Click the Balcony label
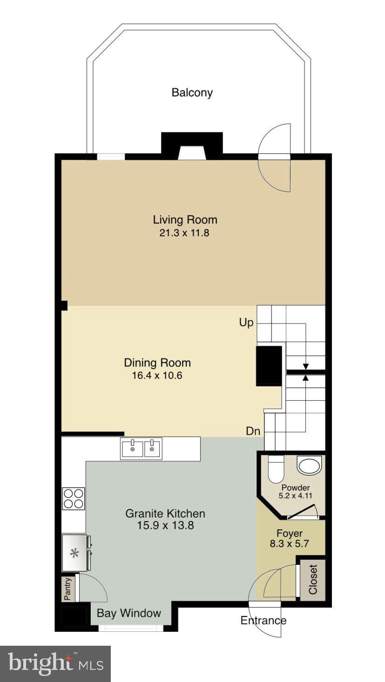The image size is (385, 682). pos(192,93)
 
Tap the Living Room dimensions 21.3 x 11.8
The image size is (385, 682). pos(184,233)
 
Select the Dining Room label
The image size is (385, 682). pos(157,363)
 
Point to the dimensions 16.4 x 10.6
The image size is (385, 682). pos(157,375)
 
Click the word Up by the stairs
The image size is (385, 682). pos(246,322)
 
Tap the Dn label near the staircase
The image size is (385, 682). pos(253,431)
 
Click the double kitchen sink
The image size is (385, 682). pos(141,449)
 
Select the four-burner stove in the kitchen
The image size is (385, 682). pos(74,498)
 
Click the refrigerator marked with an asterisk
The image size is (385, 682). pos(74,553)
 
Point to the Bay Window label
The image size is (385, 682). pos(128,613)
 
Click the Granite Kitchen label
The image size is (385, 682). pos(165,514)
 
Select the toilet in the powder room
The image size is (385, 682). pos(276,469)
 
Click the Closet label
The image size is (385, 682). pos(312,579)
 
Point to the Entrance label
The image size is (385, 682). pos(263,620)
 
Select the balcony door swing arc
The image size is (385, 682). pos(276,158)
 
